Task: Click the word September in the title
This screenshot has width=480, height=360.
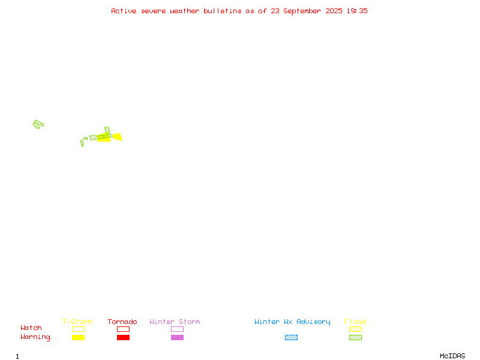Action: coord(302,11)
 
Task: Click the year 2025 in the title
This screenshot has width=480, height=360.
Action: coord(334,11)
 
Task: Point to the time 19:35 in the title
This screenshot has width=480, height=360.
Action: coord(357,11)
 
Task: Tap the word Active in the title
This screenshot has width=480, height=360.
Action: coord(124,11)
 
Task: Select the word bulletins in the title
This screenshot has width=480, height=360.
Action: coord(223,11)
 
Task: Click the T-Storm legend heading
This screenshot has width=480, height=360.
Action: coord(77,322)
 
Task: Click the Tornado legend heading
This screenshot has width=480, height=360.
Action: coord(122,322)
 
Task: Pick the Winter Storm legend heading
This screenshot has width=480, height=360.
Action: coord(175,322)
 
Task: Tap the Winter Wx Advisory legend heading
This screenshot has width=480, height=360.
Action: coord(292,322)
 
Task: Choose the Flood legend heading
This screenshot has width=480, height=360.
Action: coord(355,322)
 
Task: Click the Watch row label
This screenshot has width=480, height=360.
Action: coord(31,328)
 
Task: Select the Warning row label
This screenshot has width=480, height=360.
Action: coord(35,337)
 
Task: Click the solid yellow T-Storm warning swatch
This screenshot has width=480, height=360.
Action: coord(79,337)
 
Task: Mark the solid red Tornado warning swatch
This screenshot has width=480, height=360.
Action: coord(124,337)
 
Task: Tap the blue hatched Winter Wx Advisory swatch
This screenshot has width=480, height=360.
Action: coord(291,337)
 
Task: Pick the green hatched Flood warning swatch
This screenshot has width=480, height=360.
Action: coord(355,337)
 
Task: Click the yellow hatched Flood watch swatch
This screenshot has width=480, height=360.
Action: coord(355,329)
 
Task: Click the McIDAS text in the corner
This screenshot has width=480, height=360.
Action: coord(452,356)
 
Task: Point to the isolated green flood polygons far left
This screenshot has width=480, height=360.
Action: coord(38,124)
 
